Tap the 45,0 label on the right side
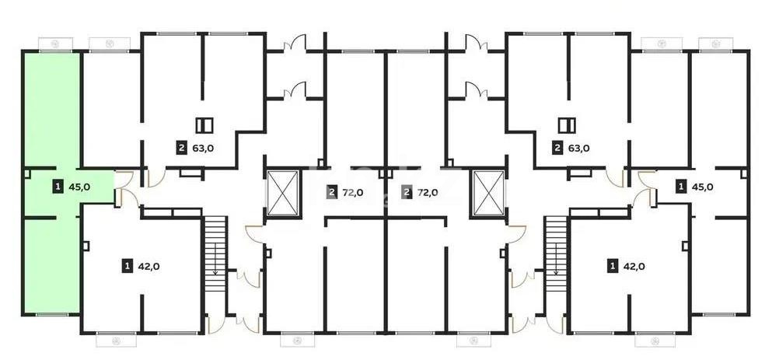[701, 187]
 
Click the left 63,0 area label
[202, 148]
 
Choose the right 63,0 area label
[578, 148]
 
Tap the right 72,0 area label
[427, 193]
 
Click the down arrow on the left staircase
[215, 271]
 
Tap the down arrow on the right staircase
[556, 271]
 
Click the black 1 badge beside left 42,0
[126, 267]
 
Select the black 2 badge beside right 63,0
[557, 148]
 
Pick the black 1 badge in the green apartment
[58, 187]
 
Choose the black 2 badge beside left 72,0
[332, 193]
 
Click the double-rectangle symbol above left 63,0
[204, 125]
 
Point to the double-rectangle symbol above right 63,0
[567, 125]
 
